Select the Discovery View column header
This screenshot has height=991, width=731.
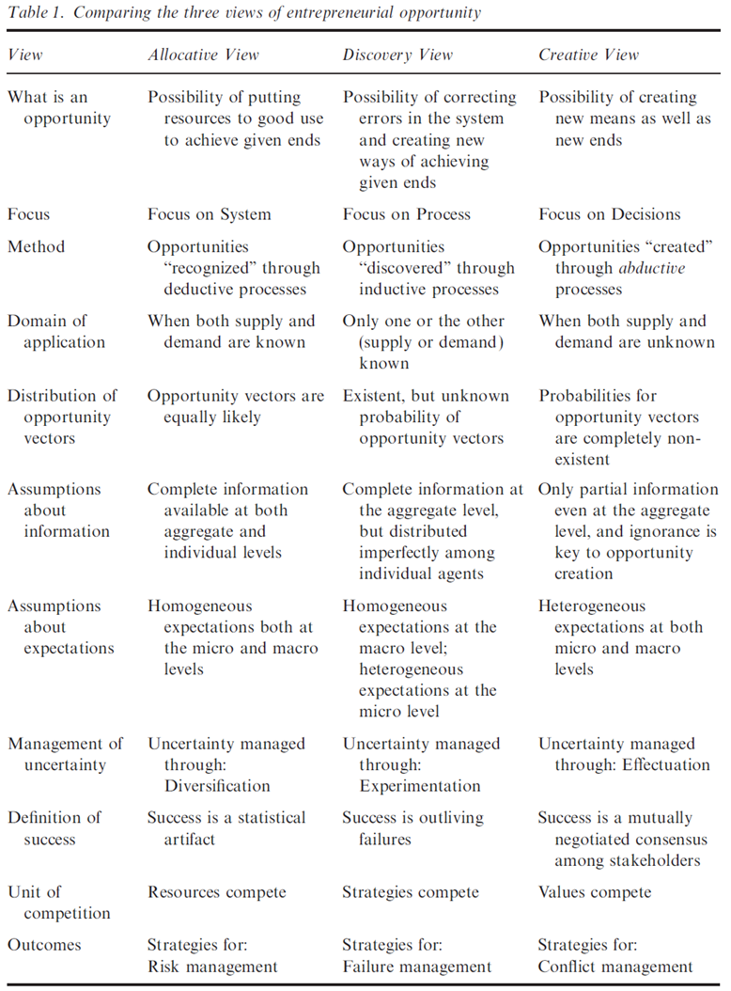pyautogui.click(x=399, y=55)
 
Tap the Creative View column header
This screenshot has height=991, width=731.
pyautogui.click(x=588, y=55)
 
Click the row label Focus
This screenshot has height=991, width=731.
pyautogui.click(x=29, y=214)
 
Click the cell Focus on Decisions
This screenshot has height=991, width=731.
pyautogui.click(x=609, y=214)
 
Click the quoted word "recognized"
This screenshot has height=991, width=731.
pyautogui.click(x=206, y=268)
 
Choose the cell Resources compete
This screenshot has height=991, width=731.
pyautogui.click(x=217, y=892)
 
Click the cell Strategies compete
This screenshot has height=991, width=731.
pyautogui.click(x=411, y=892)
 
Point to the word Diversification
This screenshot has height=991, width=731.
pyautogui.click(x=217, y=785)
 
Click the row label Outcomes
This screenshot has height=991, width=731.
pyautogui.click(x=45, y=945)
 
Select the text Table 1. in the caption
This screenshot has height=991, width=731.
pyautogui.click(x=35, y=13)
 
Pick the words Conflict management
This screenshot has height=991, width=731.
pyautogui.click(x=615, y=966)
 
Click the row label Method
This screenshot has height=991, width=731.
pyautogui.click(x=36, y=247)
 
